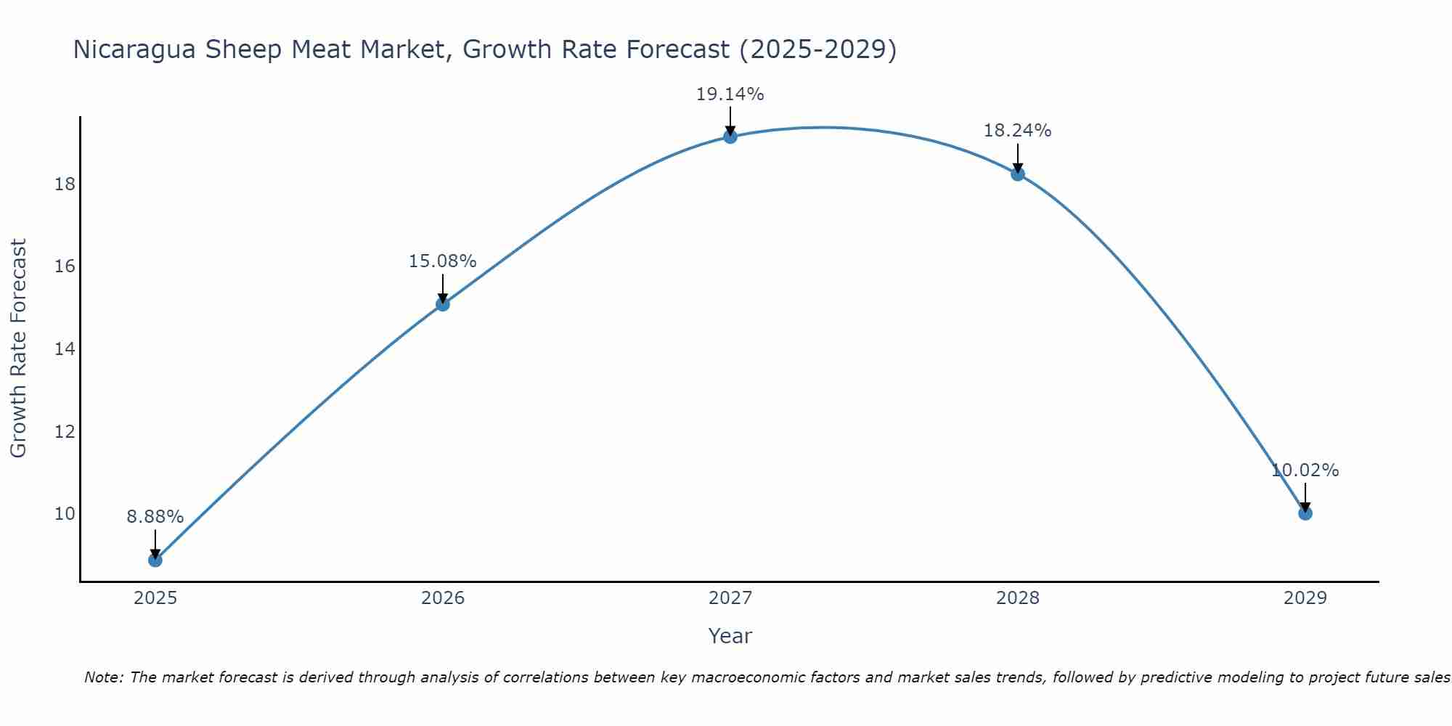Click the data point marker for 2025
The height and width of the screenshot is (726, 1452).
[x=155, y=560]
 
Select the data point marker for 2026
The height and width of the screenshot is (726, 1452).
[x=443, y=304]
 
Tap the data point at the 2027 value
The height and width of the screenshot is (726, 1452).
[x=730, y=136]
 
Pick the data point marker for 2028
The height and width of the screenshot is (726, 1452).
[x=1018, y=174]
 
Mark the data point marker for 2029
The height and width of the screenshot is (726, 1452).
[x=1305, y=513]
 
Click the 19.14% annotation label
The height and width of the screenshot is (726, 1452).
[x=730, y=94]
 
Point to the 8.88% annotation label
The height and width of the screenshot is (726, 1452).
[x=155, y=517]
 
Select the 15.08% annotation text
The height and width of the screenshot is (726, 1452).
[x=442, y=261]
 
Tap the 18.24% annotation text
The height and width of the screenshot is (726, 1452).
[x=1017, y=131]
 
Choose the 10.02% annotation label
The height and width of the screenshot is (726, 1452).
[x=1305, y=470]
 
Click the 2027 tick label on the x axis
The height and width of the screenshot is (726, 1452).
[x=730, y=598]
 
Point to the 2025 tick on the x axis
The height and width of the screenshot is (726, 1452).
[x=155, y=598]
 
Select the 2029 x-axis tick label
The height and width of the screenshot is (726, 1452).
[x=1305, y=598]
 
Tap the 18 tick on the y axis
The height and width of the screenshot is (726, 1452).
[x=65, y=184]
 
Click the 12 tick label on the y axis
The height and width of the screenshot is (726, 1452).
[x=65, y=432]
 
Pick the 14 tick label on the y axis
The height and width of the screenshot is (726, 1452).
[x=65, y=349]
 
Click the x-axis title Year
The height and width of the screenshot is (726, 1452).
[x=730, y=636]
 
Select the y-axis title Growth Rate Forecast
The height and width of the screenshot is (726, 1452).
[x=18, y=348]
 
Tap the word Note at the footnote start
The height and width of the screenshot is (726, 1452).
[x=103, y=677]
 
